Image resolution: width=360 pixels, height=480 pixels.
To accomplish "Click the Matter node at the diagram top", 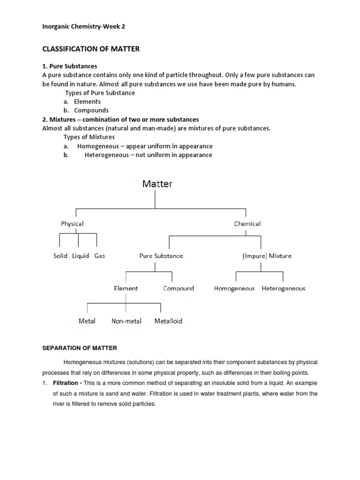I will coord(157,184).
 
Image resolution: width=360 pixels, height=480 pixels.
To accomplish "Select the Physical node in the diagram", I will coord(72,224).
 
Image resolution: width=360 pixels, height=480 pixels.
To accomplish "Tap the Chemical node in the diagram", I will coord(247,224).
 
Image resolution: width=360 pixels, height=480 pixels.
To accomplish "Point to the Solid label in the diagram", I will coord(60,256).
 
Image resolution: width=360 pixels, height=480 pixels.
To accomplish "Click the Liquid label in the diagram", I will coord(81,256).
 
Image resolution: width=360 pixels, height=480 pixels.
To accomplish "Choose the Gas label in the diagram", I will coord(99,256).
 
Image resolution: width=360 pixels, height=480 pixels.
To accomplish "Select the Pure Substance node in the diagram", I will coord(161,256).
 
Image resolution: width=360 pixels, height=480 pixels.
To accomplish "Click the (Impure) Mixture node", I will coord(267,256).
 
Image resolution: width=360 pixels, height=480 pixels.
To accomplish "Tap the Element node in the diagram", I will coord(126,288).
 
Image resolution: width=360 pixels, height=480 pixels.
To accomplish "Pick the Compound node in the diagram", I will coord(178,288).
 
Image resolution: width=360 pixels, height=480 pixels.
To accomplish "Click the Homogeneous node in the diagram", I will coord(234,288).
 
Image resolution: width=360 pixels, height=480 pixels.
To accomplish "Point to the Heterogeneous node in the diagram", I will coord(283,288).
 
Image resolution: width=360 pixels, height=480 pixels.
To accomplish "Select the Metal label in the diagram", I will coord(87,321).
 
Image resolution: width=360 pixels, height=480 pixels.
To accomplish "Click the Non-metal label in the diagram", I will coord(126,321).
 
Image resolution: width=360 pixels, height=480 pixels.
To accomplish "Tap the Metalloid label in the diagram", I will coord(168,321).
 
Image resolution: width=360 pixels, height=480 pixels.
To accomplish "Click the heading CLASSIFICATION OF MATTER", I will coord(91,48).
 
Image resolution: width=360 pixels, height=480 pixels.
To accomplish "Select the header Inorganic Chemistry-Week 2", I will coord(83,27).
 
